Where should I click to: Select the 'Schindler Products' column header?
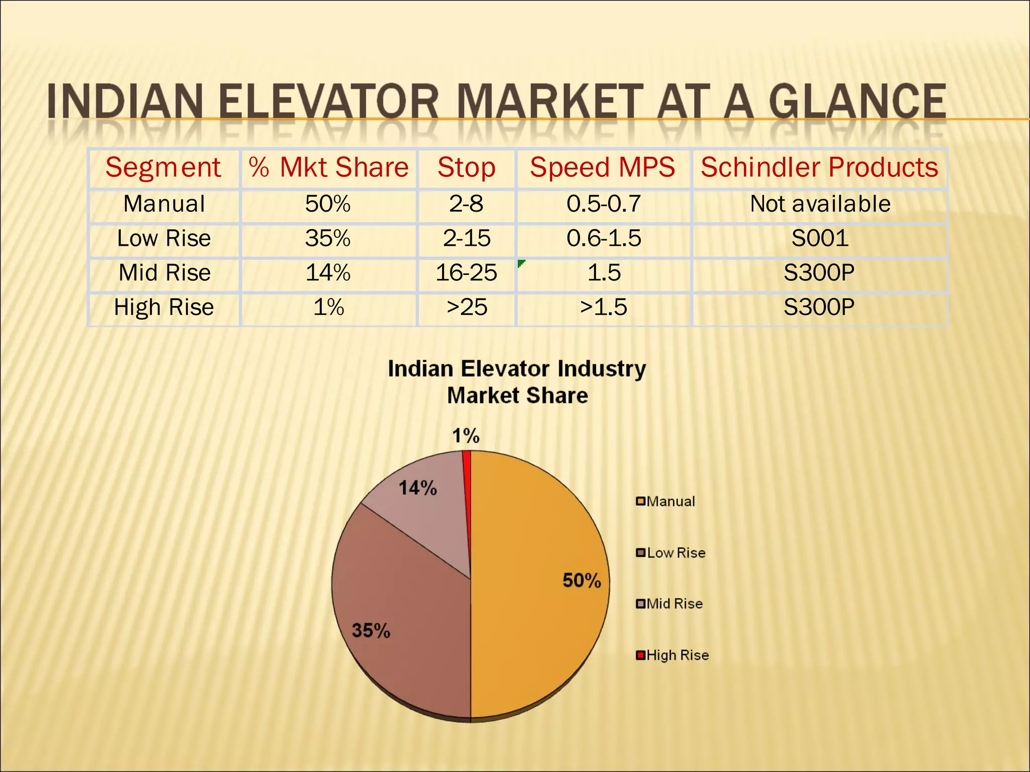tap(819, 167)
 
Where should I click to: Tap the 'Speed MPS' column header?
tap(603, 167)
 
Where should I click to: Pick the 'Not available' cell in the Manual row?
tap(820, 204)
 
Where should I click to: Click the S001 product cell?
tap(820, 238)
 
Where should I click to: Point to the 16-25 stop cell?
tap(466, 273)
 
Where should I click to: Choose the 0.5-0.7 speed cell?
tap(604, 204)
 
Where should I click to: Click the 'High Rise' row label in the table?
tap(164, 307)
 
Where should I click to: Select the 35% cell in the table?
tap(328, 238)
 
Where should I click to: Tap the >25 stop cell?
tap(467, 307)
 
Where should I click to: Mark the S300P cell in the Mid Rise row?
tap(819, 273)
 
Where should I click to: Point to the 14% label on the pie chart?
tap(418, 488)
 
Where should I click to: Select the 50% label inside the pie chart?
tap(582, 581)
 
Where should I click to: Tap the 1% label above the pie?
tap(466, 436)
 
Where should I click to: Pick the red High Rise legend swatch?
tap(640, 655)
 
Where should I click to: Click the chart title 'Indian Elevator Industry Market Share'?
tap(517, 382)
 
